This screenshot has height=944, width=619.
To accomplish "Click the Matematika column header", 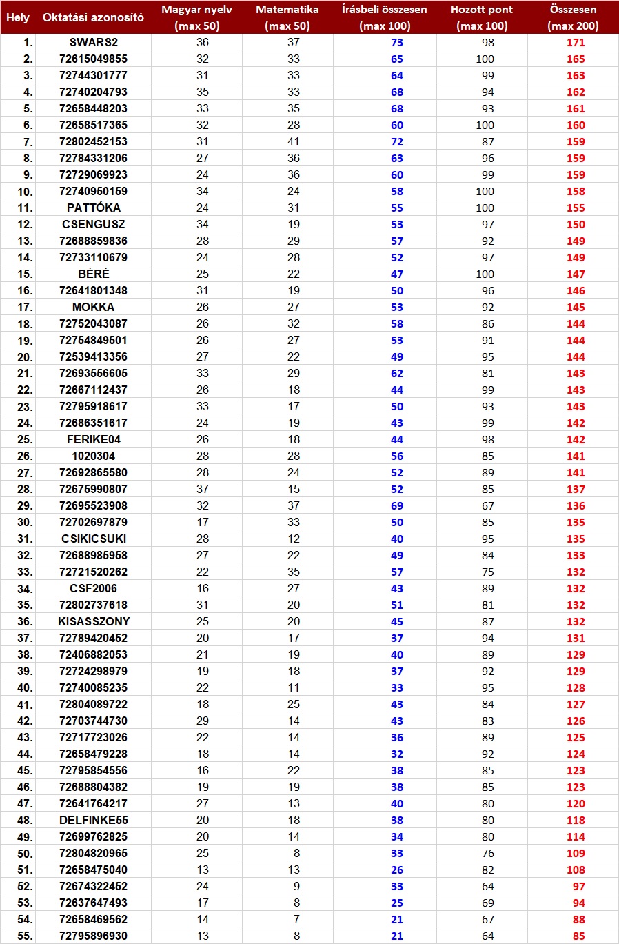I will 287,17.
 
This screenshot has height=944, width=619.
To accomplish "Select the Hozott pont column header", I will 482,17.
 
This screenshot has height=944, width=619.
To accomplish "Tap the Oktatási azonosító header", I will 93,17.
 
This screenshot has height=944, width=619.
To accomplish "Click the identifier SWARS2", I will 94,42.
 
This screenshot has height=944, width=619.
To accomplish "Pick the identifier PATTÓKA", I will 94,208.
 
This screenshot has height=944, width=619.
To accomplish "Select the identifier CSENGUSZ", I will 94,224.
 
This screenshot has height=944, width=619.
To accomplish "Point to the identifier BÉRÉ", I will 94,274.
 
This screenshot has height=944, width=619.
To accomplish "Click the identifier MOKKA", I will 94,307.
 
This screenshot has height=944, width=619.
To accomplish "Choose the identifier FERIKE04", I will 94,439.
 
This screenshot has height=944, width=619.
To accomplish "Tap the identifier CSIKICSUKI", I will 94,539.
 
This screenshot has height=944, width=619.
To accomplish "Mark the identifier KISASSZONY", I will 94,621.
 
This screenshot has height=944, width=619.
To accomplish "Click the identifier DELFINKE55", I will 94,820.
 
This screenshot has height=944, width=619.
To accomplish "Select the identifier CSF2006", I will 94,588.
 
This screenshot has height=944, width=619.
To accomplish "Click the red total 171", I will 576,42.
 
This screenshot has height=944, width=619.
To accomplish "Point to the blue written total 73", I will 397,42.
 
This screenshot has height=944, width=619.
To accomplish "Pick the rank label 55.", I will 25,936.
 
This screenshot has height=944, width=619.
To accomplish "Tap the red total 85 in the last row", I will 578,936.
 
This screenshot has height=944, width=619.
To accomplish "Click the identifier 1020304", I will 94,456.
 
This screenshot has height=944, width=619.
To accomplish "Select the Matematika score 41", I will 294,141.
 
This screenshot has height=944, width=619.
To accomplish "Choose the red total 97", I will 578,886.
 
